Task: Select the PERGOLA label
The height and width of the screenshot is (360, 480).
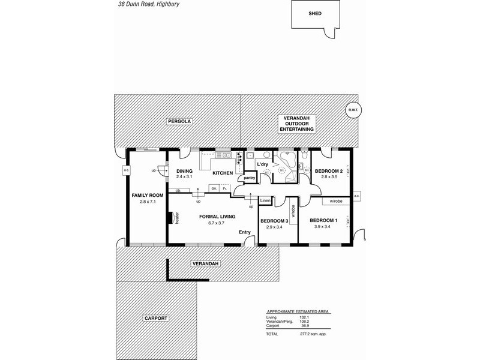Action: click(x=179, y=121)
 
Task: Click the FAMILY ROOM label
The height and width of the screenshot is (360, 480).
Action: click(x=148, y=196)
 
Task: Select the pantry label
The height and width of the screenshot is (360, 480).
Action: click(x=250, y=178)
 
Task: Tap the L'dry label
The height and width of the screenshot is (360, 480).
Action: click(x=263, y=164)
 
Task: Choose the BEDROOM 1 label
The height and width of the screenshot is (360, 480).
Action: click(x=323, y=220)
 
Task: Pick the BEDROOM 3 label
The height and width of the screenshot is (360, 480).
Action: click(x=274, y=221)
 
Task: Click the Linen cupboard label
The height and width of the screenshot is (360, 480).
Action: click(x=265, y=200)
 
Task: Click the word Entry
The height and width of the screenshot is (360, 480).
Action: click(x=245, y=232)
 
